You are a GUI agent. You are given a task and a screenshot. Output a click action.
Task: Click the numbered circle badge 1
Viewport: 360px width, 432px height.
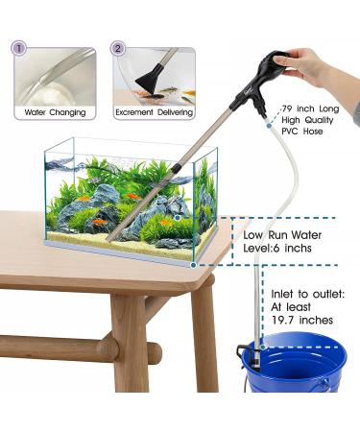(x=20, y=47)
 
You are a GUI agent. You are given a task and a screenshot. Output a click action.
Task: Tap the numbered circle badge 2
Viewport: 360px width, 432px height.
(x=118, y=47)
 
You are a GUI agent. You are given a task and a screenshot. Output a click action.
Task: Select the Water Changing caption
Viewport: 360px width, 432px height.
(x=57, y=112)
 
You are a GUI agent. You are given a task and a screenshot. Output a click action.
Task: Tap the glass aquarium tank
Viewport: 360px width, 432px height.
(x=130, y=197)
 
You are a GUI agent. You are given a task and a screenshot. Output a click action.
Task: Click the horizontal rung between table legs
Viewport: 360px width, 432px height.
(x=58, y=346)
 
